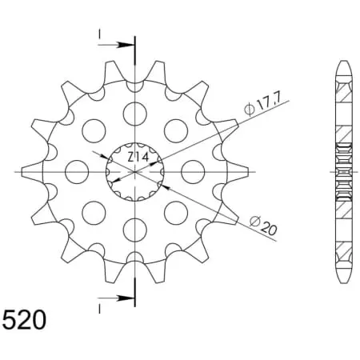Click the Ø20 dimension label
coord(263,226)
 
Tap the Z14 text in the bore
coord(138,158)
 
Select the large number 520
coord(24,320)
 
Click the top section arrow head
coord(126,45)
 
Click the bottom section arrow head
coord(126,298)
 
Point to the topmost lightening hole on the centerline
coord(135,114)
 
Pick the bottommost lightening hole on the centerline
coord(135,230)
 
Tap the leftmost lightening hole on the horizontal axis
coord(77,172)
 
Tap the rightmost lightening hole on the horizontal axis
coord(193,172)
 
